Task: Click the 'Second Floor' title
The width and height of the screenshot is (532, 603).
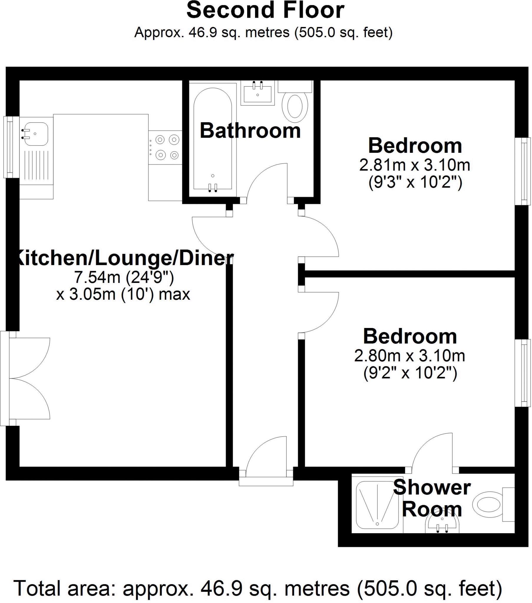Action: pyautogui.click(x=265, y=10)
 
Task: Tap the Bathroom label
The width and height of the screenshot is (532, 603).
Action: pyautogui.click(x=250, y=131)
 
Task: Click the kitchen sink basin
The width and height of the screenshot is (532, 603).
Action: pyautogui.click(x=36, y=134)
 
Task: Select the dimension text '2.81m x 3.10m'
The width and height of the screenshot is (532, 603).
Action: pyautogui.click(x=414, y=165)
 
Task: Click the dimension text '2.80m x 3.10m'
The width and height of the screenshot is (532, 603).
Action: pyautogui.click(x=409, y=356)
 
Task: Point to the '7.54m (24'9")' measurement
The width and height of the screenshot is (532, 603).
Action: pyautogui.click(x=123, y=277)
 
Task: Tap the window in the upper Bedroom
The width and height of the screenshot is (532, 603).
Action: pyautogui.click(x=523, y=171)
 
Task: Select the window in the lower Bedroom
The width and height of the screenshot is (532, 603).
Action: pyautogui.click(x=523, y=373)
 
